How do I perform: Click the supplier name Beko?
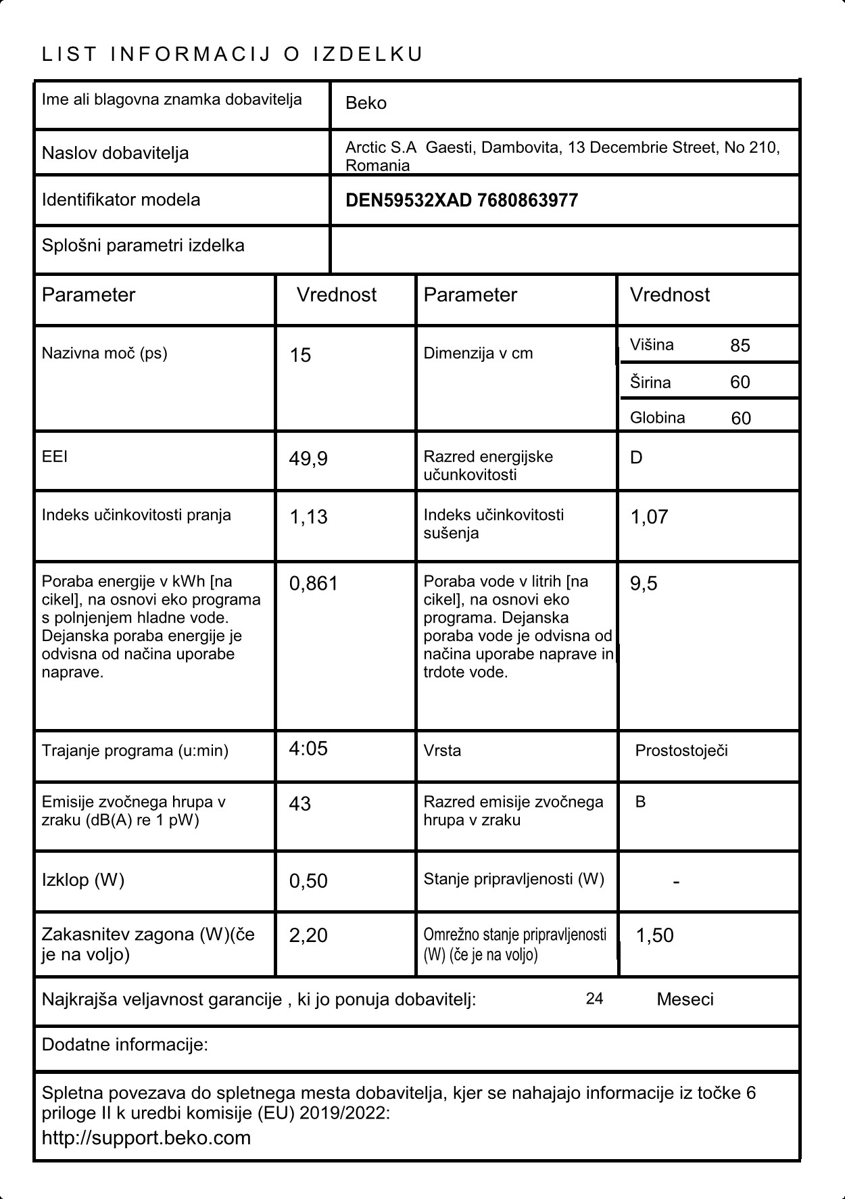366,103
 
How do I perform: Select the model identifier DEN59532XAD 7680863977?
461,200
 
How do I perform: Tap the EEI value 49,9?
308,459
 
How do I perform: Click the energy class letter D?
636,458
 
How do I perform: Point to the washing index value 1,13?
308,517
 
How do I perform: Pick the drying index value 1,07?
649,517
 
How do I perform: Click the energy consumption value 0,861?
313,584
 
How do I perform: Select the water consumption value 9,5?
644,584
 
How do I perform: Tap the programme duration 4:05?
308,749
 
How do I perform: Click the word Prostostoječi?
681,751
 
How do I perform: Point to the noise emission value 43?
299,803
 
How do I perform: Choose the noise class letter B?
640,802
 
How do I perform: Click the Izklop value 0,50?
308,881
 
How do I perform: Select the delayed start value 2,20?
308,935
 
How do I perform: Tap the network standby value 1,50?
654,936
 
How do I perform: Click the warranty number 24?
594,999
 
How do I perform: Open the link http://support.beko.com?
146,1137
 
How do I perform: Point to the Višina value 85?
740,346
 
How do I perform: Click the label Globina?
657,418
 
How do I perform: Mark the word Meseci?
685,1000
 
